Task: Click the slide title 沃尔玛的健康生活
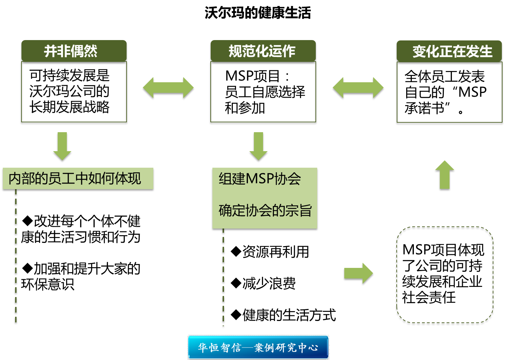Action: [x=258, y=13]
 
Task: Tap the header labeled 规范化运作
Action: [x=263, y=51]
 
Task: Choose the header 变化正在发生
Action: [x=449, y=51]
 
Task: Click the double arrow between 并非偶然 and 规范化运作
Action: [x=168, y=88]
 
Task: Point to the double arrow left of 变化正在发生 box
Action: [x=358, y=88]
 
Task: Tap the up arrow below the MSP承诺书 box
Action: [x=445, y=175]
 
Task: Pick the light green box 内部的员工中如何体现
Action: [x=78, y=179]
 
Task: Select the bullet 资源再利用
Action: [x=270, y=252]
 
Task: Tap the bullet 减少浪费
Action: [x=263, y=283]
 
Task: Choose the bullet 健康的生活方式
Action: [x=283, y=315]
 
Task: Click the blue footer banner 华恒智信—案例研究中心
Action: [x=258, y=347]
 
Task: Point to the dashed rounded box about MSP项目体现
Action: [x=445, y=275]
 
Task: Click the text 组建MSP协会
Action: [x=260, y=179]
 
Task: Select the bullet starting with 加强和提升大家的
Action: [x=81, y=276]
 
